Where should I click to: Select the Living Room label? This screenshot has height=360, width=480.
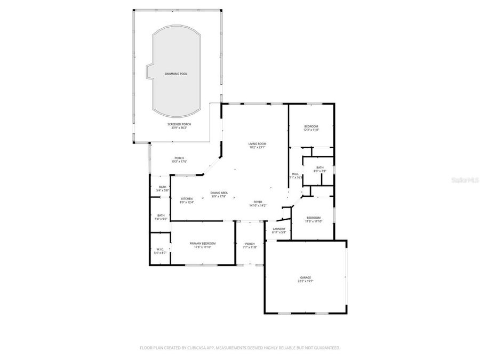[x=257, y=143]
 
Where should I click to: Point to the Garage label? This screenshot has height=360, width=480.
[x=305, y=277]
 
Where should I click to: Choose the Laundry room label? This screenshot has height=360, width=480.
[x=279, y=229]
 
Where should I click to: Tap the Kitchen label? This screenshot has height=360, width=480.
[x=187, y=199]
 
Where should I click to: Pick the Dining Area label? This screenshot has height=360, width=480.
[x=219, y=193]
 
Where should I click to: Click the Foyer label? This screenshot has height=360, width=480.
[x=258, y=202]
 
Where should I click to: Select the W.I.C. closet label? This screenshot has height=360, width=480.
[x=161, y=249]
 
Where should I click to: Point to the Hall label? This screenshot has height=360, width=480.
[x=295, y=174]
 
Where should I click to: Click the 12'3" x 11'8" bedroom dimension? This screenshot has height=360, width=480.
[x=311, y=130]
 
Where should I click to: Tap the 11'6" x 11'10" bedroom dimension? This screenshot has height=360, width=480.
[x=313, y=221]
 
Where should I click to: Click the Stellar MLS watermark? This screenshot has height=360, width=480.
[x=465, y=181]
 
